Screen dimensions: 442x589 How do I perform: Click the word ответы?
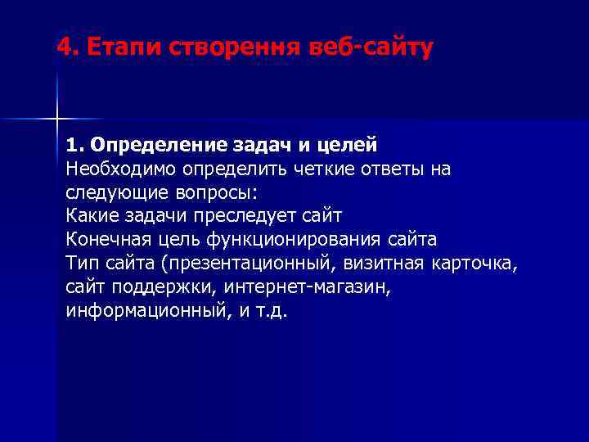click(x=380, y=169)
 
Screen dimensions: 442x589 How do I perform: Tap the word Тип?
click(x=80, y=264)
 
